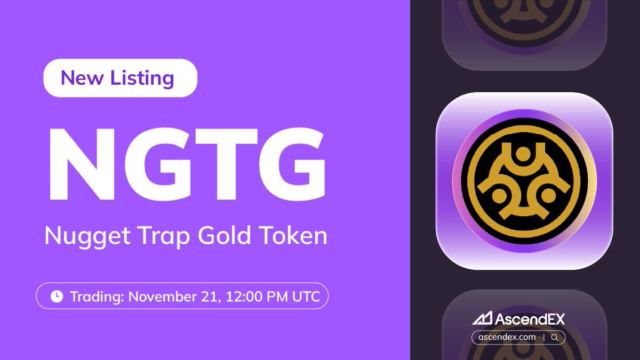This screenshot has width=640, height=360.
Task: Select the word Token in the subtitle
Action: point(294,235)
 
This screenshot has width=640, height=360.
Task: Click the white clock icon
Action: point(57,297)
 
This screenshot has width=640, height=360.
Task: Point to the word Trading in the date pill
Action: point(97,297)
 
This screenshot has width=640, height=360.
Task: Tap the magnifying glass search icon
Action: point(555,337)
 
